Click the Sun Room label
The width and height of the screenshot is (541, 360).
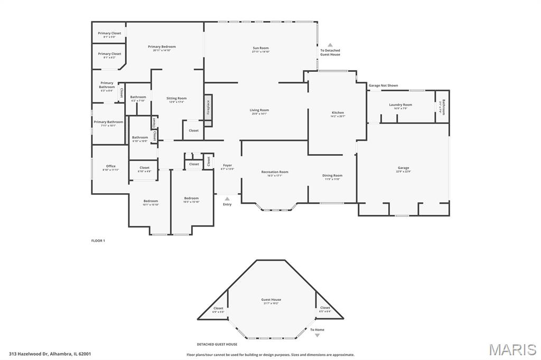260,48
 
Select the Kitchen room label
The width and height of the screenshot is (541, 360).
338,112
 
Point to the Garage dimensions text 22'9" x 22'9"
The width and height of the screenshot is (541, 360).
403,172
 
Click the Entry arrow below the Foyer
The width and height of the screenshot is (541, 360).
227,199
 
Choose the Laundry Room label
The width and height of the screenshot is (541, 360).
400,105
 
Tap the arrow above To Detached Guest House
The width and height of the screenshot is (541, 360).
330,45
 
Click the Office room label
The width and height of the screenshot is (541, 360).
110,166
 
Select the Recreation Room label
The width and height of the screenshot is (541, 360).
275,172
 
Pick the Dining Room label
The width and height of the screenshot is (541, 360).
332,175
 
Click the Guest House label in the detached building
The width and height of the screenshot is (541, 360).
271,300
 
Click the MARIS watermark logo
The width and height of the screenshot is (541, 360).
512,349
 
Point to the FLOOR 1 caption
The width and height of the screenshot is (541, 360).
98,241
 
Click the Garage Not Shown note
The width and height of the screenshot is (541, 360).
383,86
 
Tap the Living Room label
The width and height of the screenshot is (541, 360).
259,110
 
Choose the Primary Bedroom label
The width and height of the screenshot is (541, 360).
162,46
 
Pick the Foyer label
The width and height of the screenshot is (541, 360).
227,165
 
